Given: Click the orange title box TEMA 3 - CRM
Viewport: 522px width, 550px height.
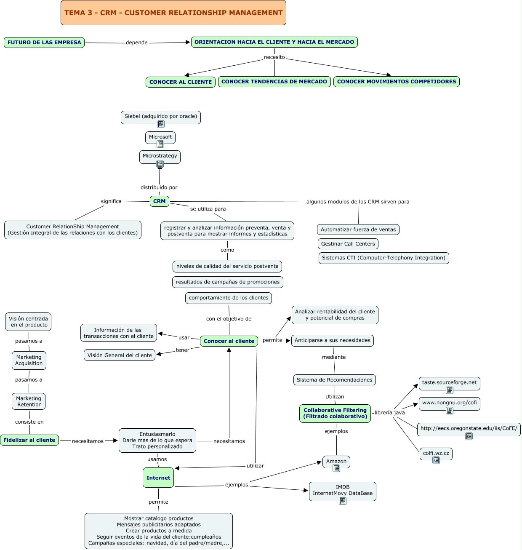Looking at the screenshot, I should [x=173, y=13].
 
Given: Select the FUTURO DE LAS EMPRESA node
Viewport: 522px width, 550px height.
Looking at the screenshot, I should [x=44, y=43].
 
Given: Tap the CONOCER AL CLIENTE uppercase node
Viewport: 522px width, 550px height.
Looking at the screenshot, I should [x=181, y=82].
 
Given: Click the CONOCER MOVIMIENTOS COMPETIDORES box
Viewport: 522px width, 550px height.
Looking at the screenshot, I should [x=396, y=82].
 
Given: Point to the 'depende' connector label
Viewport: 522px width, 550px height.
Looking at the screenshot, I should [x=136, y=43].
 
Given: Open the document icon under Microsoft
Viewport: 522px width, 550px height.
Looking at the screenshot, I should [x=160, y=144].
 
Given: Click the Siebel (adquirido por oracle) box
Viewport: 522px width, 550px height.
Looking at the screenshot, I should [x=161, y=116].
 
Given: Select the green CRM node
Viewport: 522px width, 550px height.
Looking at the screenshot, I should [x=160, y=201].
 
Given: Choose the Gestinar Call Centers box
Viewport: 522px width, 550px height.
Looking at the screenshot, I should [x=348, y=244].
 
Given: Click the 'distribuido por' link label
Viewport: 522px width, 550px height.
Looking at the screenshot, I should [x=159, y=187].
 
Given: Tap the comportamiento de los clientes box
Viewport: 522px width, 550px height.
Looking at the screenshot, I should [x=229, y=298].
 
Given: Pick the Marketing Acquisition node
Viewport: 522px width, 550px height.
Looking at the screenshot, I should [x=29, y=360].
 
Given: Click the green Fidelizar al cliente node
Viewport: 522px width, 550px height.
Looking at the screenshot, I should [x=29, y=440].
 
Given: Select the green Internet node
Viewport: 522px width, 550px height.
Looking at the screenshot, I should [x=158, y=478].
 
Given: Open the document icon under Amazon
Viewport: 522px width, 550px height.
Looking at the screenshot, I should [x=336, y=468].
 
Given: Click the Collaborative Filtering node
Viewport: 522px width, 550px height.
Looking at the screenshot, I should [x=335, y=414].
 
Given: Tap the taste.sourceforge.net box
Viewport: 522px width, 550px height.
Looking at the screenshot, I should [x=449, y=382].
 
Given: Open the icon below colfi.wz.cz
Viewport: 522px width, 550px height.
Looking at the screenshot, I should [x=436, y=460].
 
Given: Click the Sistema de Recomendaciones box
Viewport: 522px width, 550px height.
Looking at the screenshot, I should [x=334, y=380].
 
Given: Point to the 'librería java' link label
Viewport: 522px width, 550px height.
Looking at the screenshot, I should [x=389, y=413].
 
